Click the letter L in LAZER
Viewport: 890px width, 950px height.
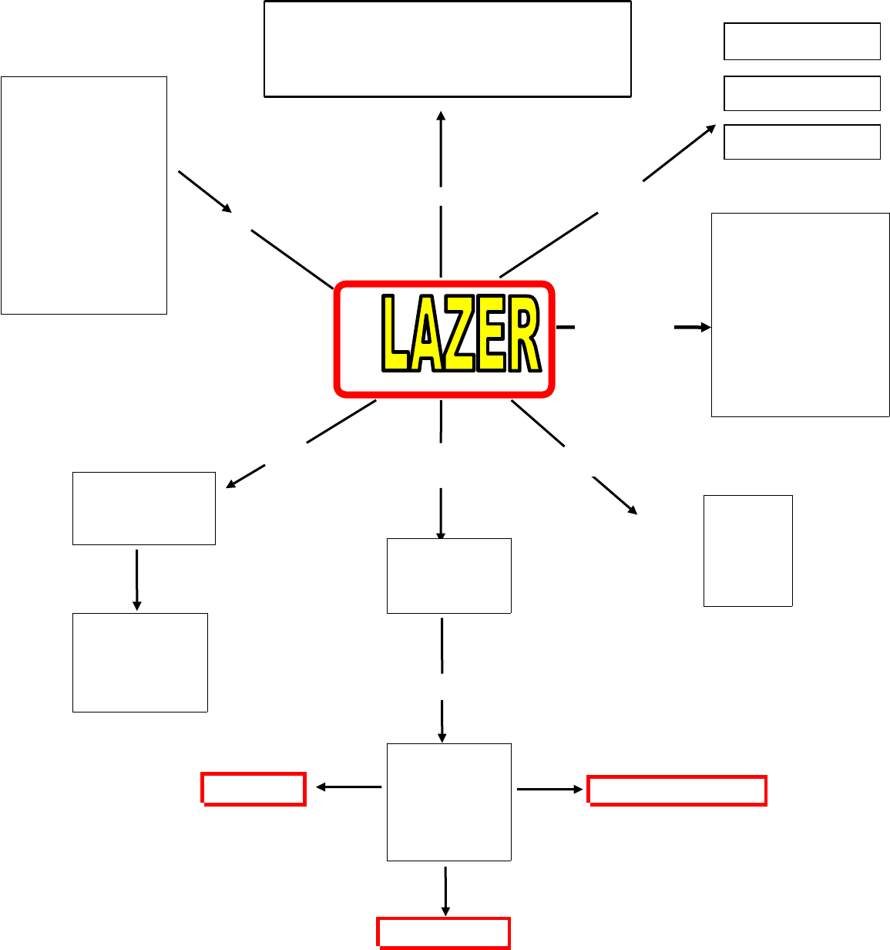396,335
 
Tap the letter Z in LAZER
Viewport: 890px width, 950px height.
458,335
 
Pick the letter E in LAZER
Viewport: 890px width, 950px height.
491,335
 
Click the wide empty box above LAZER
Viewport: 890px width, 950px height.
448,49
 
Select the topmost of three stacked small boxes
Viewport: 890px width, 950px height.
802,42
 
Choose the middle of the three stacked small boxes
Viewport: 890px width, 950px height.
802,93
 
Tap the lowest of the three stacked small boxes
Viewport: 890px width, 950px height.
802,142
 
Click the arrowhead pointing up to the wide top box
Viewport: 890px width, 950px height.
441,116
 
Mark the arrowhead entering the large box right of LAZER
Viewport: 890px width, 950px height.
705,328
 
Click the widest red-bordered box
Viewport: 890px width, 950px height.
677,790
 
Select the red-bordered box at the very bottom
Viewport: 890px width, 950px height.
443,931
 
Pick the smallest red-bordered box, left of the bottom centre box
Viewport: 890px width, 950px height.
254,789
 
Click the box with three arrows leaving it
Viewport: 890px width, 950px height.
448,802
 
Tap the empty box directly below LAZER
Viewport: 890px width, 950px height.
448,575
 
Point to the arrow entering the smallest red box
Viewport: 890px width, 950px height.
348,787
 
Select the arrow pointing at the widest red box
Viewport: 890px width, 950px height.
549,790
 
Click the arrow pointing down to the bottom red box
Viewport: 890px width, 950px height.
445,891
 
